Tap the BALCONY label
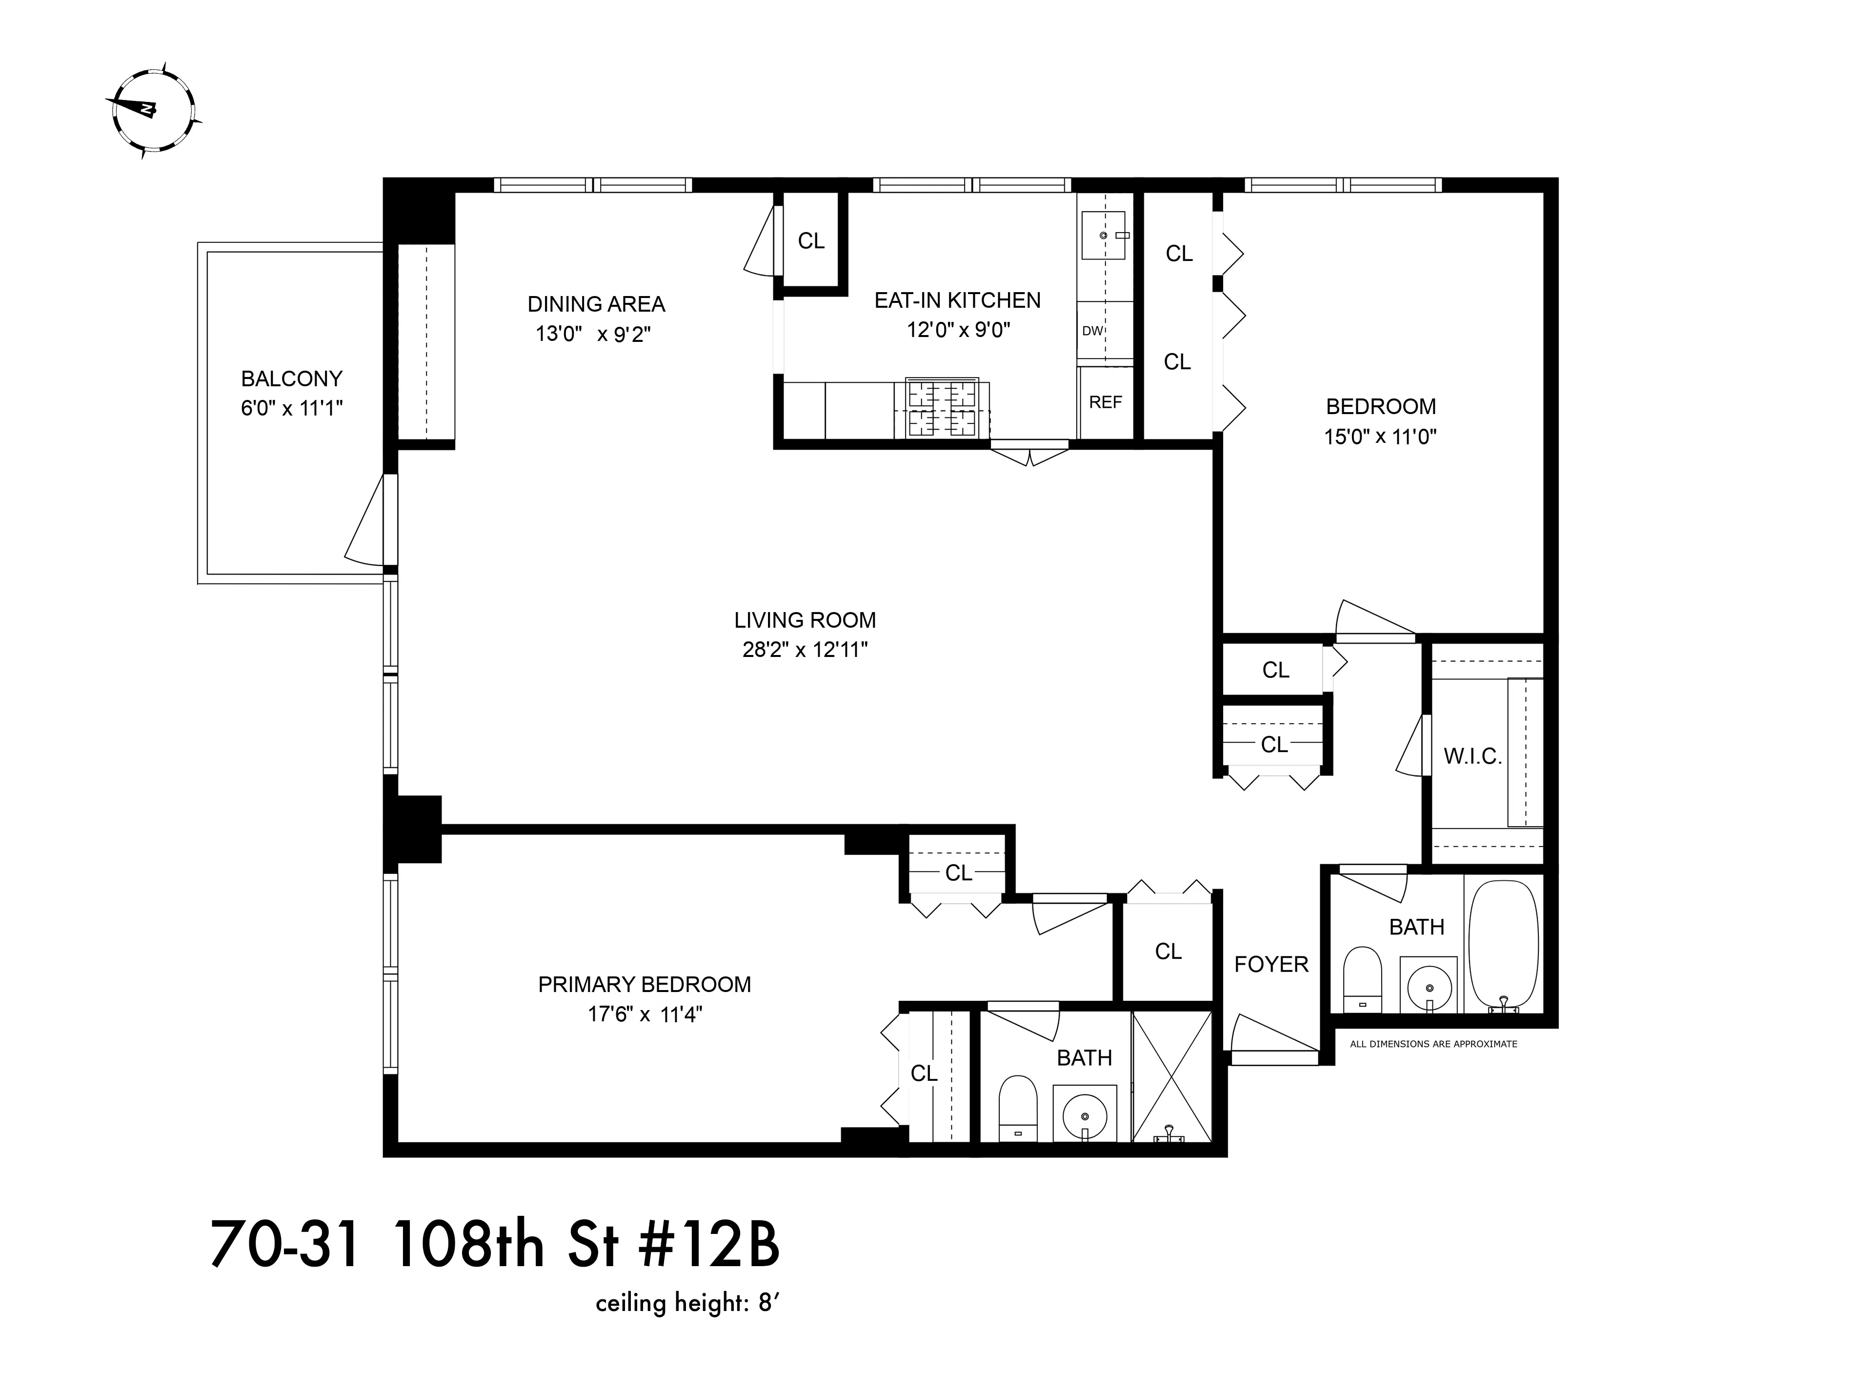(292, 378)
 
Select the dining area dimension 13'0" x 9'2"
(593, 334)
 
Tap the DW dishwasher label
(1092, 331)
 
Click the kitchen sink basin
(1105, 236)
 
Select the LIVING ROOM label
(805, 620)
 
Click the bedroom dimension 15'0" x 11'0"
(1380, 437)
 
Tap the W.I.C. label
(1472, 756)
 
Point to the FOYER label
(1270, 964)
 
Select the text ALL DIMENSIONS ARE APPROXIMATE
(1433, 1044)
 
